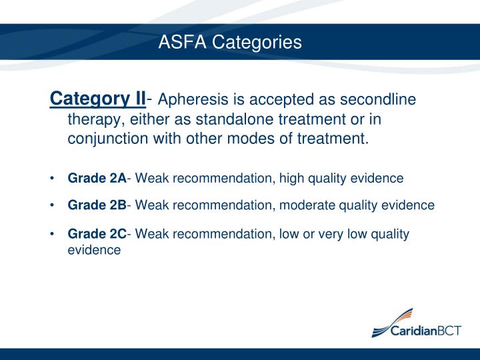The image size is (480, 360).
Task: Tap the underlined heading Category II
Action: coord(98,100)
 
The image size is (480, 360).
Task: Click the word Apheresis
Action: coord(190,101)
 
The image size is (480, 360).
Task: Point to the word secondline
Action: coord(379,101)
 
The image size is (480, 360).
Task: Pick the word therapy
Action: coord(93,120)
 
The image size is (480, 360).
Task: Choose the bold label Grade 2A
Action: coord(97,178)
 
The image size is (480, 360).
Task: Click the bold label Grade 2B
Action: coord(97,205)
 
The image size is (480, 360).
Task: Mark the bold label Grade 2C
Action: coord(97,234)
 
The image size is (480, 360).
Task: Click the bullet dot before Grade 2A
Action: coord(52,179)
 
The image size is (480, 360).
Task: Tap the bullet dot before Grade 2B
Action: coord(52,206)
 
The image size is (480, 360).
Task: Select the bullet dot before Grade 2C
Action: coord(52,235)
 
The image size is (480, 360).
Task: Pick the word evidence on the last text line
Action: coord(94,250)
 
